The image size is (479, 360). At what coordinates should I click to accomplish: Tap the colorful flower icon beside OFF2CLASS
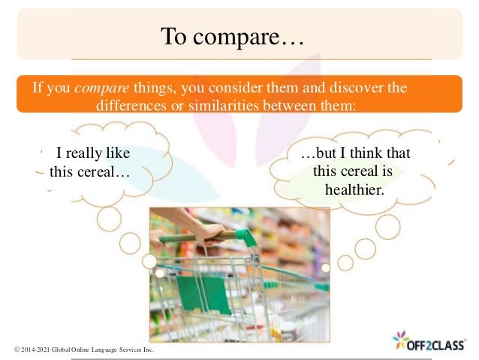tap(401, 340)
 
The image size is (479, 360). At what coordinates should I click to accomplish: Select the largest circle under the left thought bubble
tap(109, 219)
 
